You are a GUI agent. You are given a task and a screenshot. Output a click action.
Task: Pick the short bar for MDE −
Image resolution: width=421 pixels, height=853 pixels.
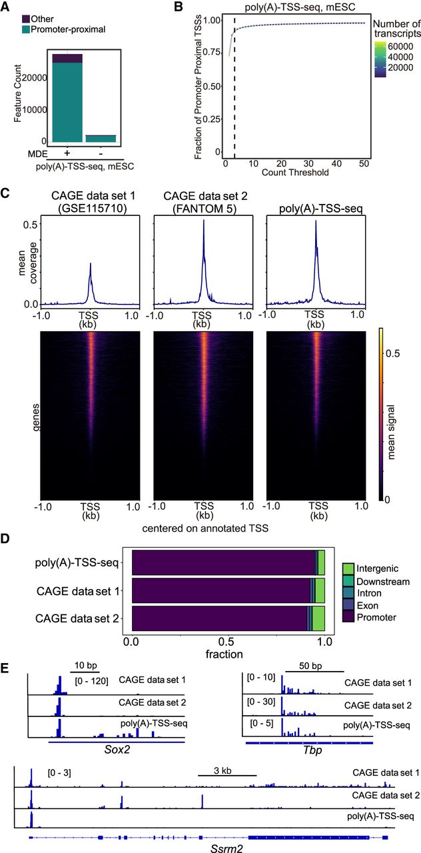click(101, 138)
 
